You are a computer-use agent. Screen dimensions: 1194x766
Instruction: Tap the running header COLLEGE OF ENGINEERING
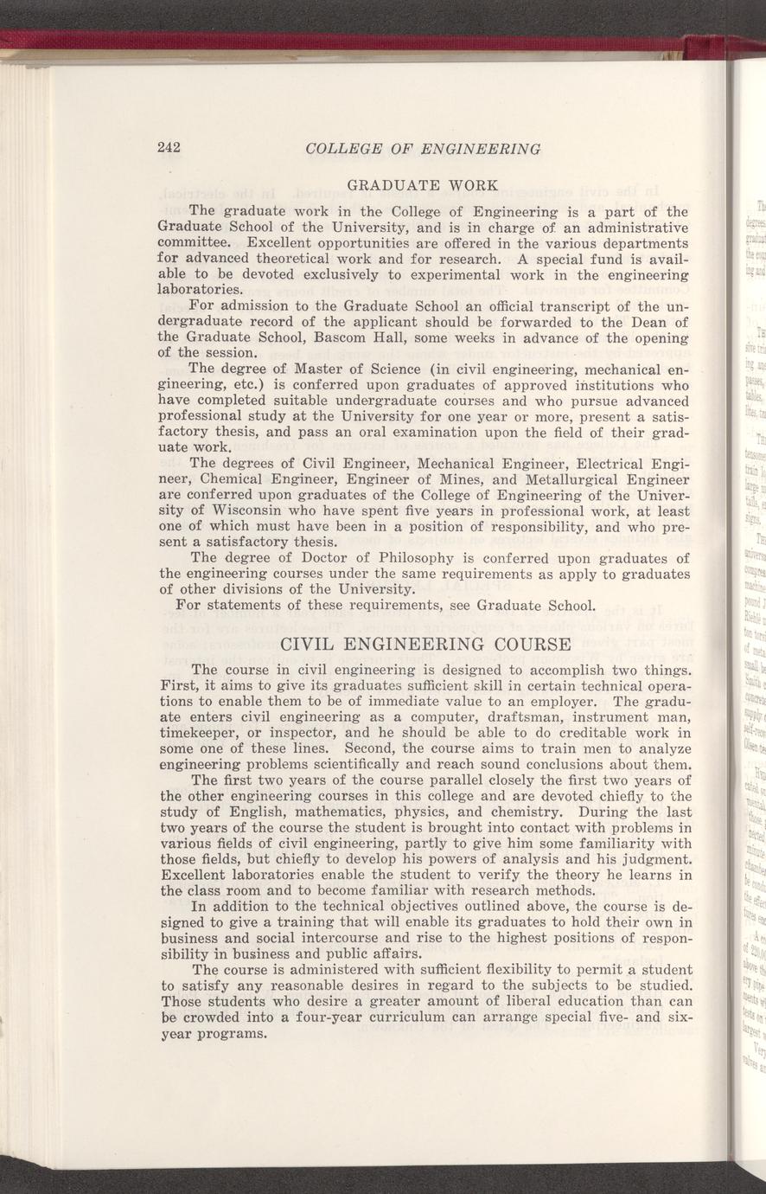pyautogui.click(x=423, y=149)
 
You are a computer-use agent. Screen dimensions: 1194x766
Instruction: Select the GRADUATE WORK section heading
pyautogui.click(x=421, y=185)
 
